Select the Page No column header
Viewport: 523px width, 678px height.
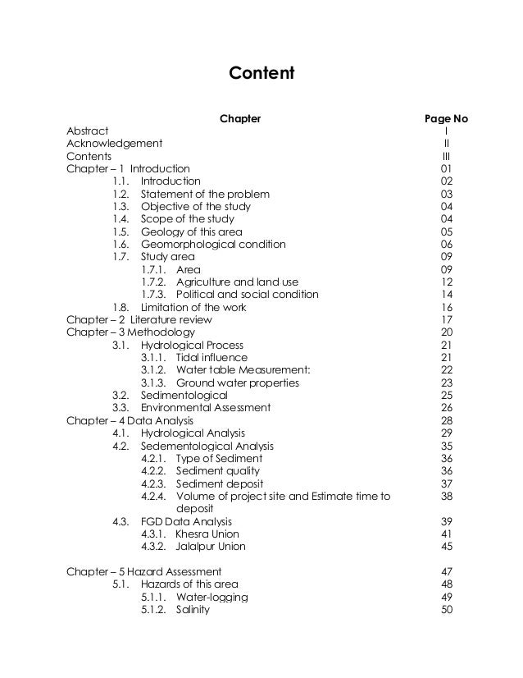(x=445, y=118)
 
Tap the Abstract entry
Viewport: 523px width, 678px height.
(x=87, y=131)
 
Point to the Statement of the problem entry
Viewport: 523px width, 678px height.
(x=205, y=194)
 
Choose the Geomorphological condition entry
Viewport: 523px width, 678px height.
(x=213, y=244)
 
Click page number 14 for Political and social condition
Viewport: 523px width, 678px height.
(x=446, y=295)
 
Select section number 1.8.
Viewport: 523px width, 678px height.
(x=121, y=307)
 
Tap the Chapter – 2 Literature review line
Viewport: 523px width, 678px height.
(x=139, y=319)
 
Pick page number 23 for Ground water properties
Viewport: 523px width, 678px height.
(x=446, y=383)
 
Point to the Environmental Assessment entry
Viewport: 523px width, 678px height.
(x=206, y=407)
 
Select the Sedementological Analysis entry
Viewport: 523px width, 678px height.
(x=207, y=446)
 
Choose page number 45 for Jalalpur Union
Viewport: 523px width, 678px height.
(x=446, y=546)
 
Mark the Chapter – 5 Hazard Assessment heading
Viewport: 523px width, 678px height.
(x=143, y=571)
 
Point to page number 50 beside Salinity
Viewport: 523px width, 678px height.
(x=446, y=609)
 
